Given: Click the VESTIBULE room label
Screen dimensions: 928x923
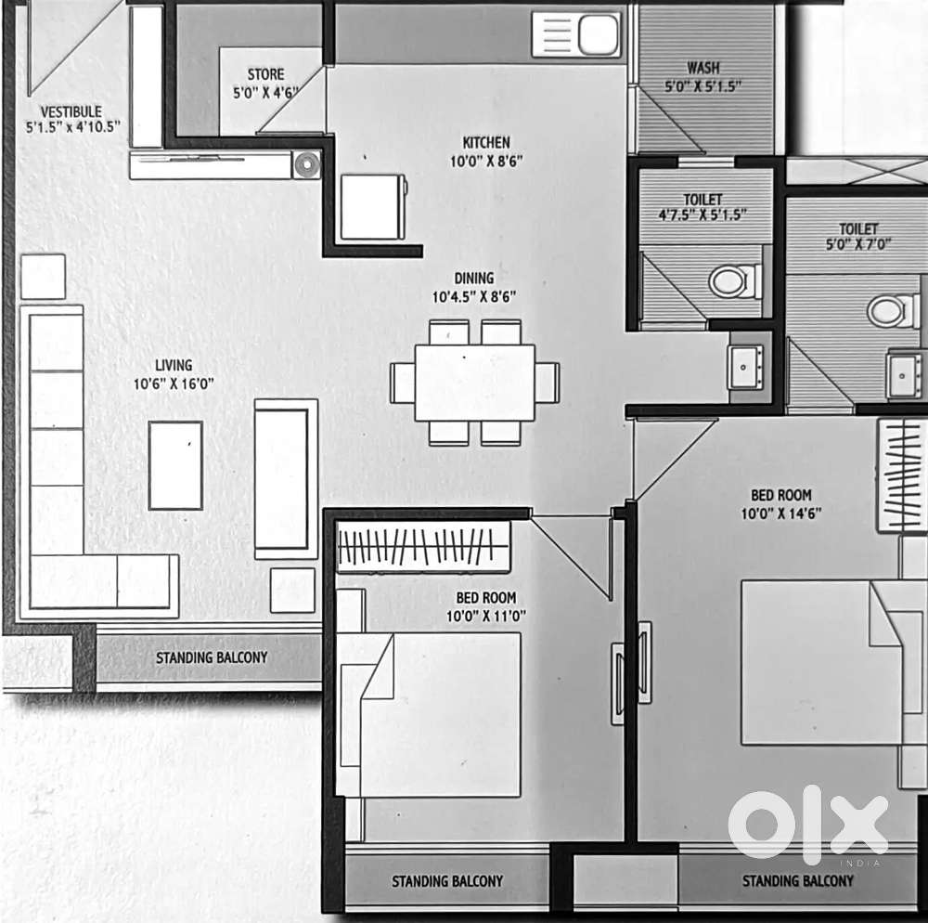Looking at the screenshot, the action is tap(71, 111).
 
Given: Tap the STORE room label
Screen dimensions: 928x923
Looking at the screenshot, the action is tap(265, 74).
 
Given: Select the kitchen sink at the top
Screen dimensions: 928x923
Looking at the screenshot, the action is tap(576, 34).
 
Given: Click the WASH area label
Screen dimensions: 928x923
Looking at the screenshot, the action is tap(703, 68).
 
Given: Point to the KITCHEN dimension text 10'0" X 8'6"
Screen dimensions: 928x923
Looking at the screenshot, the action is tap(486, 161).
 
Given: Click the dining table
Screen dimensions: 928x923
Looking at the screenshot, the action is tap(474, 383).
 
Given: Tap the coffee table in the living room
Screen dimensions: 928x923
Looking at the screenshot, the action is tap(175, 465).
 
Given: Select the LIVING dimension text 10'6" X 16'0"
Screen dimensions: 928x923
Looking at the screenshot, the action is tap(174, 383).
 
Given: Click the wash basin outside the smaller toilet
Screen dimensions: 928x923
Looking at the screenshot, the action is tap(745, 368).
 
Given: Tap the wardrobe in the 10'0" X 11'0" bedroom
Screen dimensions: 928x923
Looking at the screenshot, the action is tap(423, 547).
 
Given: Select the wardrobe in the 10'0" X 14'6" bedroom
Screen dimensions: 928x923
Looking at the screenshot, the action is tap(902, 474).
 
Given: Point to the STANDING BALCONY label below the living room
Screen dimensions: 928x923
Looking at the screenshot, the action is tap(212, 657).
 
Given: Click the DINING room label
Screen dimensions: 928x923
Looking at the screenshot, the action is tap(474, 278).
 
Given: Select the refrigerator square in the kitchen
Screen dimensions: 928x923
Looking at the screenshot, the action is tap(373, 207).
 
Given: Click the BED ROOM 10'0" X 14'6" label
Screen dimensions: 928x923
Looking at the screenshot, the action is tap(781, 504).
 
